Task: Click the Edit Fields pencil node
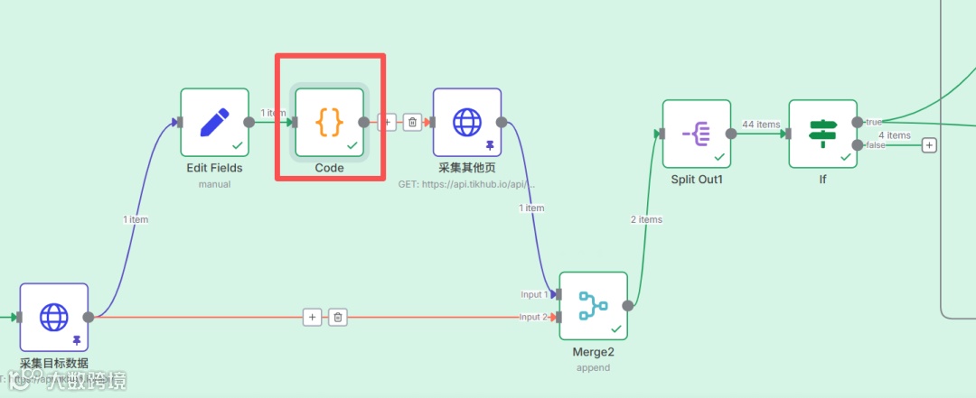[214, 122]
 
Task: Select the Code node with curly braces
[329, 122]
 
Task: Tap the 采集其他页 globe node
[467, 122]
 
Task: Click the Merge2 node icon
[593, 306]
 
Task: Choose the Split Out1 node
[696, 134]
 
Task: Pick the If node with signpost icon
[822, 134]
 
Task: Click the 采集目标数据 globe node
[54, 317]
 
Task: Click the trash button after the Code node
[412, 122]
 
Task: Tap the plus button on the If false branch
[929, 144]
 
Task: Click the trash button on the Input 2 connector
[338, 317]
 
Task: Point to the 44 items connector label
[760, 125]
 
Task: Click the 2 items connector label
[646, 219]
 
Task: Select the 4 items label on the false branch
[894, 135]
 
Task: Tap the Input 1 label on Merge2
[531, 295]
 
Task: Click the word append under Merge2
[593, 367]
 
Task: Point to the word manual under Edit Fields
[214, 184]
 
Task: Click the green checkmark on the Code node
[352, 144]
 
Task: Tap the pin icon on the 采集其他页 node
[490, 144]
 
